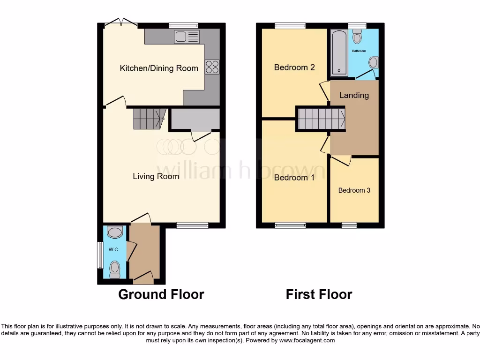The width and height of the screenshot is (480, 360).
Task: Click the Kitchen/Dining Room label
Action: (x=159, y=68)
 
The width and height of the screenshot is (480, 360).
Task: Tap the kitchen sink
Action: (x=187, y=37)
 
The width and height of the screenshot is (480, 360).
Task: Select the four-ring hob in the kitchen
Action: (x=212, y=67)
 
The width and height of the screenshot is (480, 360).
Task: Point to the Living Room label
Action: (x=156, y=177)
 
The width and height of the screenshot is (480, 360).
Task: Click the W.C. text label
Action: (x=114, y=249)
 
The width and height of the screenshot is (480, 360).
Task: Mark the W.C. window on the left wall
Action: (x=100, y=255)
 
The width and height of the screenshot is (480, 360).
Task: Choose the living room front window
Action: (x=193, y=226)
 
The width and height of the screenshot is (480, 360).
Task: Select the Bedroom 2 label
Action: (x=294, y=67)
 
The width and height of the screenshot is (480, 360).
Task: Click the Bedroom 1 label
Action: (x=294, y=178)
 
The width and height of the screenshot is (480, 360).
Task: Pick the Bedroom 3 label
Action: (x=354, y=190)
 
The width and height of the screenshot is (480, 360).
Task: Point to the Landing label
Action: (x=354, y=95)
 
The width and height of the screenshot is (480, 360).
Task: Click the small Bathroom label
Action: (x=359, y=51)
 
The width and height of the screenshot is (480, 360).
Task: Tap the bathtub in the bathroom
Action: (x=339, y=52)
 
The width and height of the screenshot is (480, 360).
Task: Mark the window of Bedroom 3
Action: (x=349, y=226)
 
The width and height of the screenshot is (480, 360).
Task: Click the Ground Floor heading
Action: (x=161, y=294)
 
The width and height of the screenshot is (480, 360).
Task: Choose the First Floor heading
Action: (x=319, y=294)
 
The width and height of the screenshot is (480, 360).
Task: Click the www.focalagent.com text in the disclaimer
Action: (x=307, y=340)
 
